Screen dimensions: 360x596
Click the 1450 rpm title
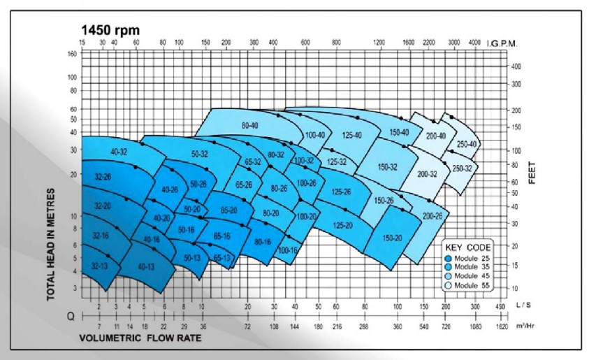tap(110, 30)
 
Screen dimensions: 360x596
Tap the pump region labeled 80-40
tap(249, 125)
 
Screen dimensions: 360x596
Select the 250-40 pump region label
tap(467, 145)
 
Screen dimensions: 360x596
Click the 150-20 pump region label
tap(393, 238)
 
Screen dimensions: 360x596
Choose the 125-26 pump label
tap(341, 192)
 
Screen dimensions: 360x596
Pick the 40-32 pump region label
tap(118, 152)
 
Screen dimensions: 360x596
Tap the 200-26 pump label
tap(433, 216)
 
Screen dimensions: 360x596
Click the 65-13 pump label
tap(222, 259)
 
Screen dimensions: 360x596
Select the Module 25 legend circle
tap(448, 257)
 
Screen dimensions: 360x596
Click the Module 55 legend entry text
tap(473, 286)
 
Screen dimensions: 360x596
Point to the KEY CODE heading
tap(468, 247)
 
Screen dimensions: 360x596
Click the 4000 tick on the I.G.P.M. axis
tap(474, 43)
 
